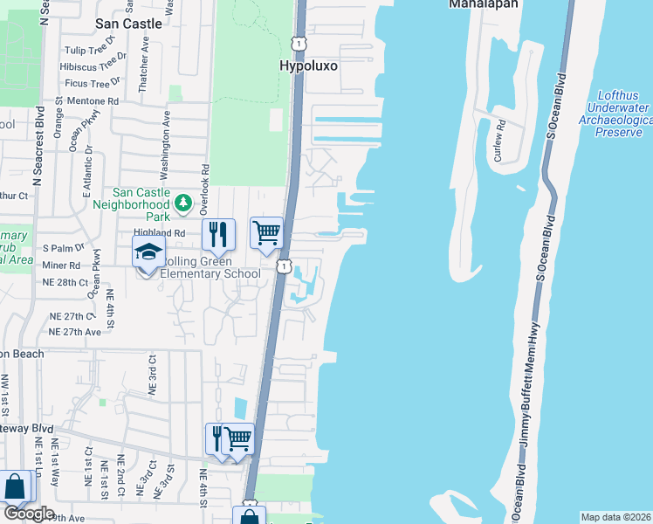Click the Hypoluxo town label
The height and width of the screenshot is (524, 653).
point(308,65)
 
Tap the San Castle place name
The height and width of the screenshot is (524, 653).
point(129,24)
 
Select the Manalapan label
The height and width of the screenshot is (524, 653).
point(484,4)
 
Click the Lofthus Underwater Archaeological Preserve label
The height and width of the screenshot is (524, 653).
point(623,114)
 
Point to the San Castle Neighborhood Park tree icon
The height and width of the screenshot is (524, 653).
point(183,203)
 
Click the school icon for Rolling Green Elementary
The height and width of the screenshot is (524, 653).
point(148,254)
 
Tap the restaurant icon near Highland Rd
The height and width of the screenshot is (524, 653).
point(218,233)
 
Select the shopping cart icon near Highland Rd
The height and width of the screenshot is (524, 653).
point(266,232)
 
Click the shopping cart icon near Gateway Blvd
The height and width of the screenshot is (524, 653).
point(237,438)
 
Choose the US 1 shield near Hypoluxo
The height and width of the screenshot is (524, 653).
point(299,43)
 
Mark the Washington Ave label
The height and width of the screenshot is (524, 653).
point(164,139)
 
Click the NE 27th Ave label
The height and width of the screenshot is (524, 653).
point(75,332)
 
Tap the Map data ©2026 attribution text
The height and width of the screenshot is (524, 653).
point(615,517)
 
